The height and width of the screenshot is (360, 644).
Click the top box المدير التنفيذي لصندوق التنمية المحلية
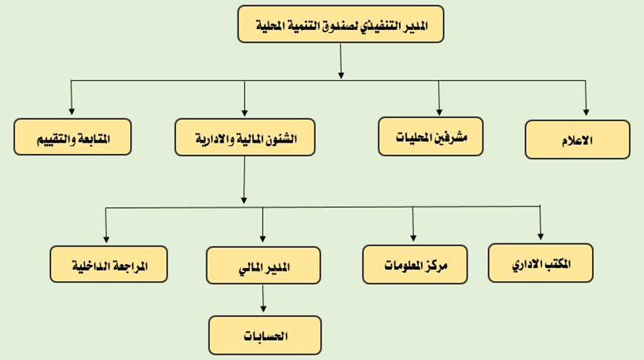[341, 24]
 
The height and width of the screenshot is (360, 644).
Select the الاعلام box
[577, 139]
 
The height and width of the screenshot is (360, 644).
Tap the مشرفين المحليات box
[430, 136]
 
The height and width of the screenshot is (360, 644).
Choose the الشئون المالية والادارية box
[245, 138]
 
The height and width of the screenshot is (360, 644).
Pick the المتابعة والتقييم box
[73, 137]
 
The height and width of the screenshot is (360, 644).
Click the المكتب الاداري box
[541, 263]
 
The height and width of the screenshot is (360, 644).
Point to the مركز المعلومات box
[415, 264]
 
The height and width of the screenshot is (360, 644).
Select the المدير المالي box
[264, 265]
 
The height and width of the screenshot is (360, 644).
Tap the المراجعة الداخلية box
[109, 264]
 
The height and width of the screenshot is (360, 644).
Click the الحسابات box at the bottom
[265, 335]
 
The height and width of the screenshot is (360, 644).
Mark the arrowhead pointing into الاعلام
[586, 113]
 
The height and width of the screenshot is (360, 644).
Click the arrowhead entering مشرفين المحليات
[439, 112]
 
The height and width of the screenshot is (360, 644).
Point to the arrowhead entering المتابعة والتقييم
[72, 111]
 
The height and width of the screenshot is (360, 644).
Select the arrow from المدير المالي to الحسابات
[263, 299]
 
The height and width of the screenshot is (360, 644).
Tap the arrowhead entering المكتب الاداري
[541, 237]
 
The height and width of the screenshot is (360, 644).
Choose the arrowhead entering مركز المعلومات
[413, 238]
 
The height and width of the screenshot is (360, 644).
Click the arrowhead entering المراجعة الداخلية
[106, 240]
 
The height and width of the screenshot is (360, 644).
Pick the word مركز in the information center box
[437, 265]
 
